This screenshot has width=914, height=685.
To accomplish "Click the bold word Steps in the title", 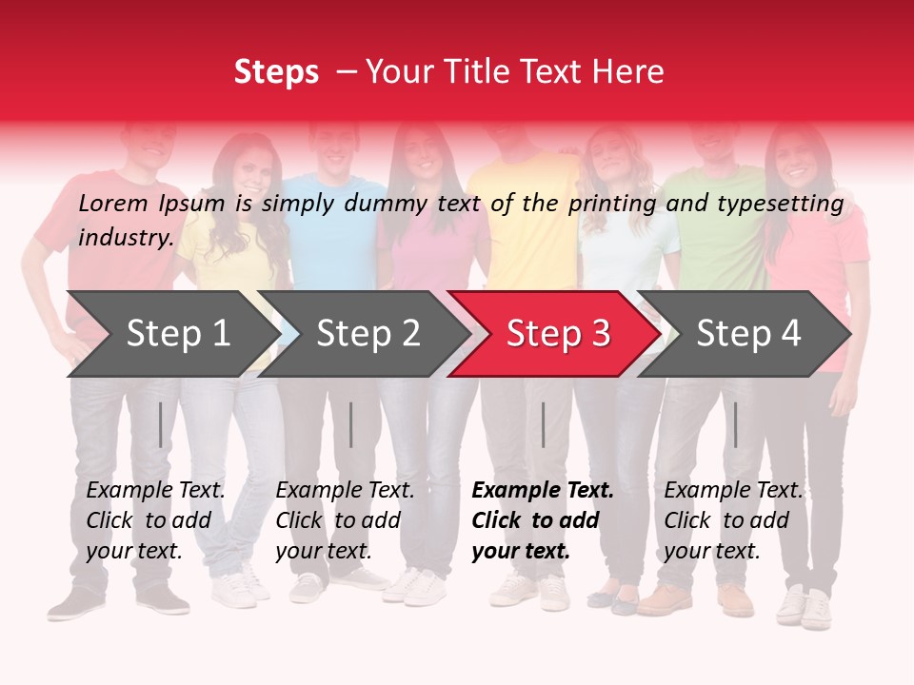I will tap(276, 72).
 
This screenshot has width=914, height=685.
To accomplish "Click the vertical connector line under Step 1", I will tap(160, 424).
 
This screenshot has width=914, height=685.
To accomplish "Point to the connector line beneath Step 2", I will tap(350, 424).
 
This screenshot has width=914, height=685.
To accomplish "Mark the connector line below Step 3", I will tap(543, 424).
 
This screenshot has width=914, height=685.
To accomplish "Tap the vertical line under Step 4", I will tap(735, 424).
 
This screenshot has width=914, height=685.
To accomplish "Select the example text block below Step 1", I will tap(155, 520).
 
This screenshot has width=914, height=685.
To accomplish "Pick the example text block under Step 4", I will tap(733, 520).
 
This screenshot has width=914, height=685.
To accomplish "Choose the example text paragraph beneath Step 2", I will tap(345, 520).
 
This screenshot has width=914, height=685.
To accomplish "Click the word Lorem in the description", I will tap(113, 203).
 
